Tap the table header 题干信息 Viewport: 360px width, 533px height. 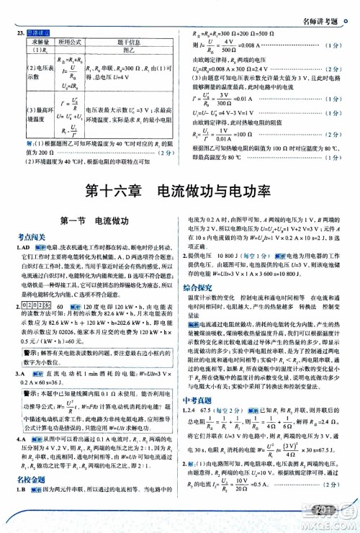click(127, 42)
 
